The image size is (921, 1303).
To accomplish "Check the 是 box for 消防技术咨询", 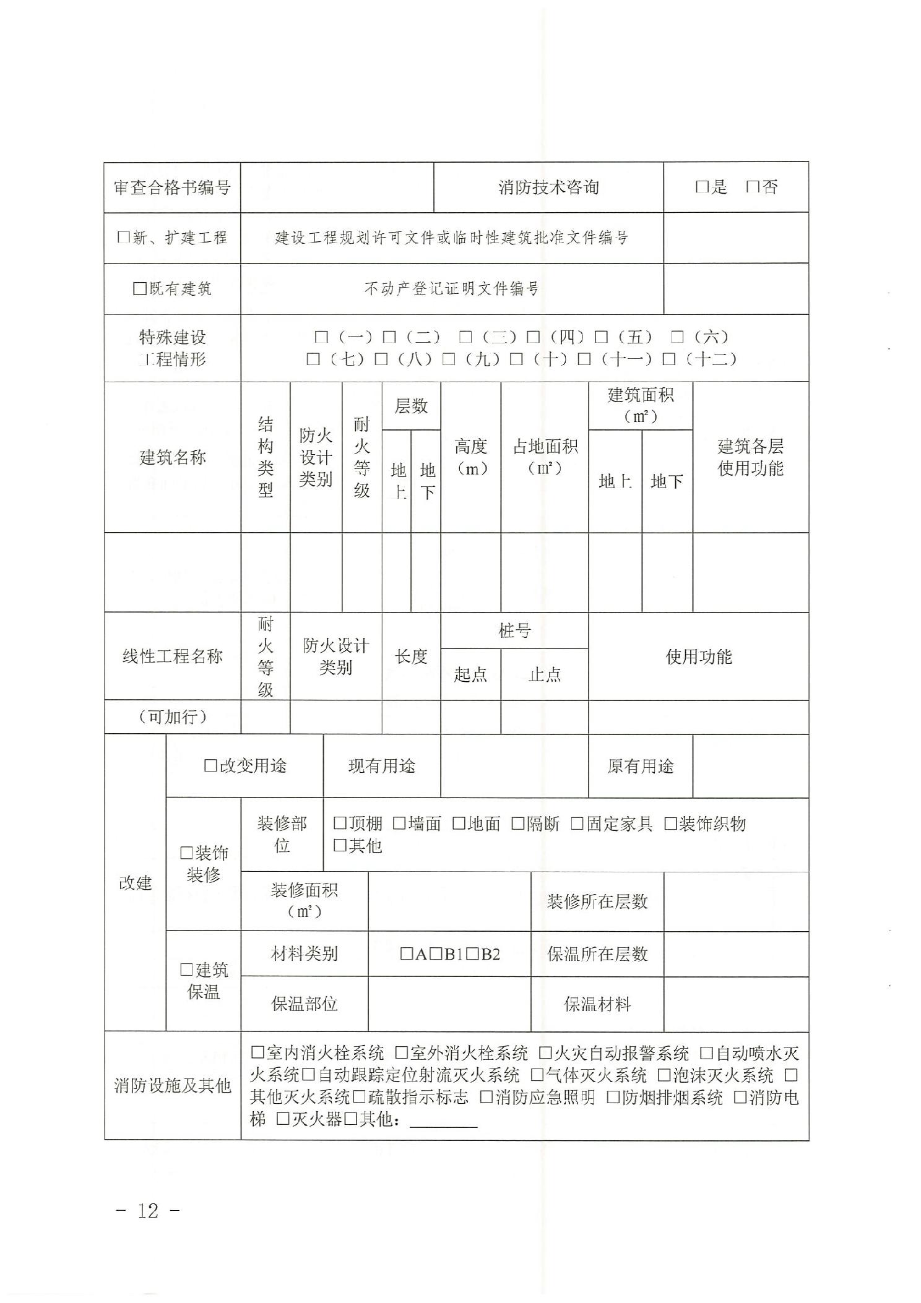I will pos(701,187).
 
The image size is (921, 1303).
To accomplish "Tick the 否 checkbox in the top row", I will pos(752,187).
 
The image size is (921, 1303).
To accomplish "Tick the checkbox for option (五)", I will pos(600,337).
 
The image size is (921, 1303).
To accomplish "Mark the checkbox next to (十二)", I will pos(668,359).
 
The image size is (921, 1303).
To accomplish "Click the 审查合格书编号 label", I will pos(172,187).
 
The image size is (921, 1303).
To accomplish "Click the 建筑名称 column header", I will pos(172,457).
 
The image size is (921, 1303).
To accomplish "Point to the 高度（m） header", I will pos(470,457).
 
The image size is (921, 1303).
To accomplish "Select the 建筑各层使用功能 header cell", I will pos(750,457).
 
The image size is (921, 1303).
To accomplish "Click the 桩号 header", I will pos(514,630).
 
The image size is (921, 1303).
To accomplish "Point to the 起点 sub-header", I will pos(470,674).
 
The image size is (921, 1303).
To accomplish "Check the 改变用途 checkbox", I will pos(210,766).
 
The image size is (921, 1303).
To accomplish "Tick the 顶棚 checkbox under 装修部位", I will pos(340,824).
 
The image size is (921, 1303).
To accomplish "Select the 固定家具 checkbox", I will pos(577,824).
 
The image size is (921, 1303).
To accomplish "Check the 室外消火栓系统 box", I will pos(401,1052).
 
